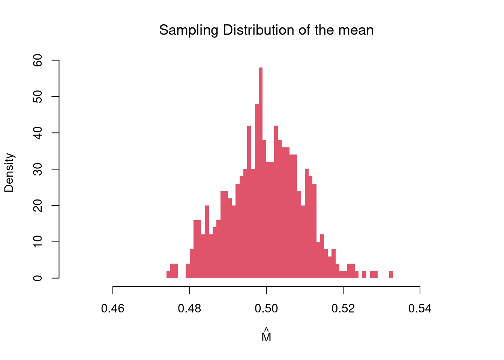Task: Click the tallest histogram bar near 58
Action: coord(261,172)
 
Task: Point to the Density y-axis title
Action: coord(9,172)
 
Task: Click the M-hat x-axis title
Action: coord(266,336)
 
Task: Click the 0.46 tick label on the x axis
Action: coord(113,309)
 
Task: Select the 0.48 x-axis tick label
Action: coord(190,309)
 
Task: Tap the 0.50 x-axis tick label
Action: coord(266,309)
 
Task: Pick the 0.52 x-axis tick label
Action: coord(343,309)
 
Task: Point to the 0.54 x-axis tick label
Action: coord(420,309)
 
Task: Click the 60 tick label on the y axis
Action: coord(38,60)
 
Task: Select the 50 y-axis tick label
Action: coord(38,96)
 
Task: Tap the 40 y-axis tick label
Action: coord(38,133)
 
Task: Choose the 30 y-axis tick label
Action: coord(38,169)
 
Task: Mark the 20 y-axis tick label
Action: coord(38,205)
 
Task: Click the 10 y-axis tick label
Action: coord(38,242)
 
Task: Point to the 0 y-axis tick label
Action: coord(38,278)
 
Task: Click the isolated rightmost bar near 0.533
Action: coord(391,274)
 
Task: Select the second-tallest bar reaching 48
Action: coord(257,191)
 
